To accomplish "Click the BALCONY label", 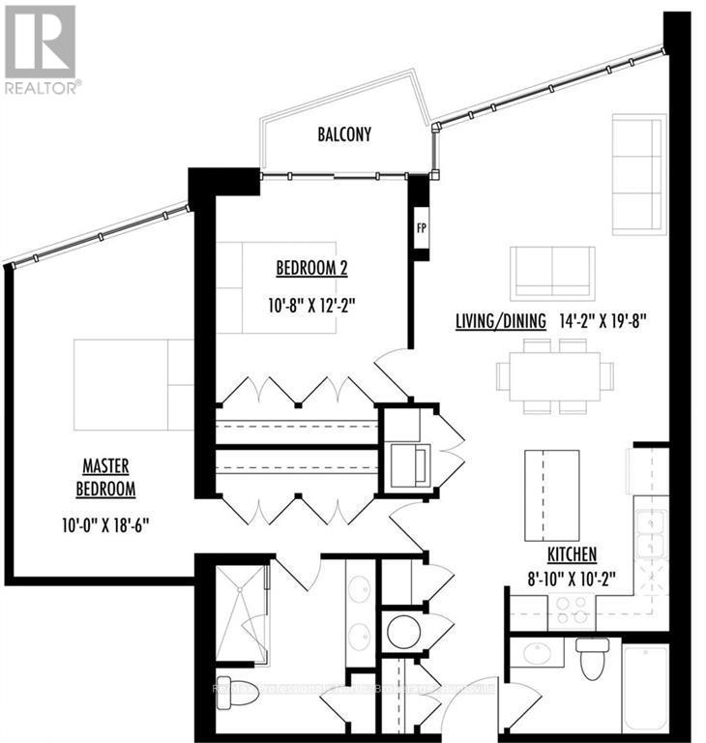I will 344,135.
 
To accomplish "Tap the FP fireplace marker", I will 421,229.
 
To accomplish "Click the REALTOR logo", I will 41,48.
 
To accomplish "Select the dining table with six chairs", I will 555,375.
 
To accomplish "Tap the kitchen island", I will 551,495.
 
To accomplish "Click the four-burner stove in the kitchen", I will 572,611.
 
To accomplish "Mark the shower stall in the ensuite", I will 241,615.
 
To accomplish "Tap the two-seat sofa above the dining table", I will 552,273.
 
